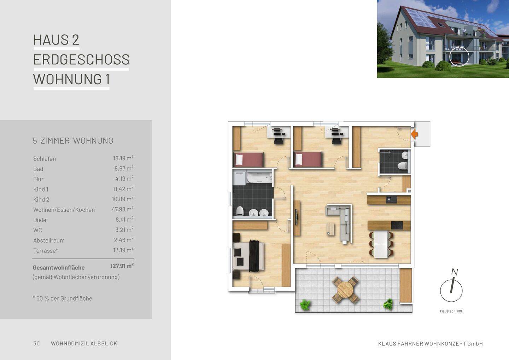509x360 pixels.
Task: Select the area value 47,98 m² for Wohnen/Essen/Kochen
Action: (x=122, y=209)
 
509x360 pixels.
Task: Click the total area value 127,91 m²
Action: (x=122, y=266)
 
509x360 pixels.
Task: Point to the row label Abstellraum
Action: (x=49, y=240)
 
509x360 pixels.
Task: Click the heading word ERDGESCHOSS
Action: (x=81, y=59)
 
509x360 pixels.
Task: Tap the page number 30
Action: (x=36, y=343)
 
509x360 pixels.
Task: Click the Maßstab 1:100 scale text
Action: (x=451, y=311)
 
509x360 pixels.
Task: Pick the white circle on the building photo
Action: (x=459, y=56)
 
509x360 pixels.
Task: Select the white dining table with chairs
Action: (x=381, y=244)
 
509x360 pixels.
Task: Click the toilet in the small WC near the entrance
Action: (x=402, y=166)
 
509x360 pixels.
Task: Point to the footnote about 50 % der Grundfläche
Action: (x=63, y=298)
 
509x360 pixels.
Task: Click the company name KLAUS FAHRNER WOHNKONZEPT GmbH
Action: (x=430, y=344)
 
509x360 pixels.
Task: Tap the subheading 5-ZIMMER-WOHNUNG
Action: (x=73, y=141)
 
